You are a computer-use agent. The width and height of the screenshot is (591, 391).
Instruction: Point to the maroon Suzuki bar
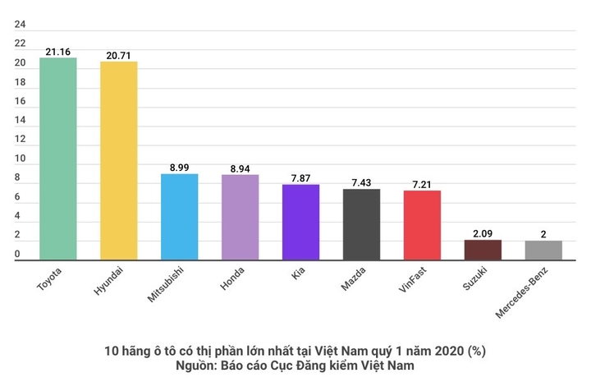[x=483, y=250]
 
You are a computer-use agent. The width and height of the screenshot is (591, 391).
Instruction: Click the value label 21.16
[x=58, y=52]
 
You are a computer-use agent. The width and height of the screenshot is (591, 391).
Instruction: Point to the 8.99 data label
[x=180, y=168]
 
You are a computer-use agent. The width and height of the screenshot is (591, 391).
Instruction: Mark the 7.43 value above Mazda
[x=361, y=182]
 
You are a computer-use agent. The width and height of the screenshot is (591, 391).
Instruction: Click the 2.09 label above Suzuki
[x=483, y=233]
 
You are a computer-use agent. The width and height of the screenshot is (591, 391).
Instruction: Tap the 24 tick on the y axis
[x=20, y=25]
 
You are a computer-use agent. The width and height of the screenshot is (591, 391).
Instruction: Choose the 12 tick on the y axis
[x=20, y=140]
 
